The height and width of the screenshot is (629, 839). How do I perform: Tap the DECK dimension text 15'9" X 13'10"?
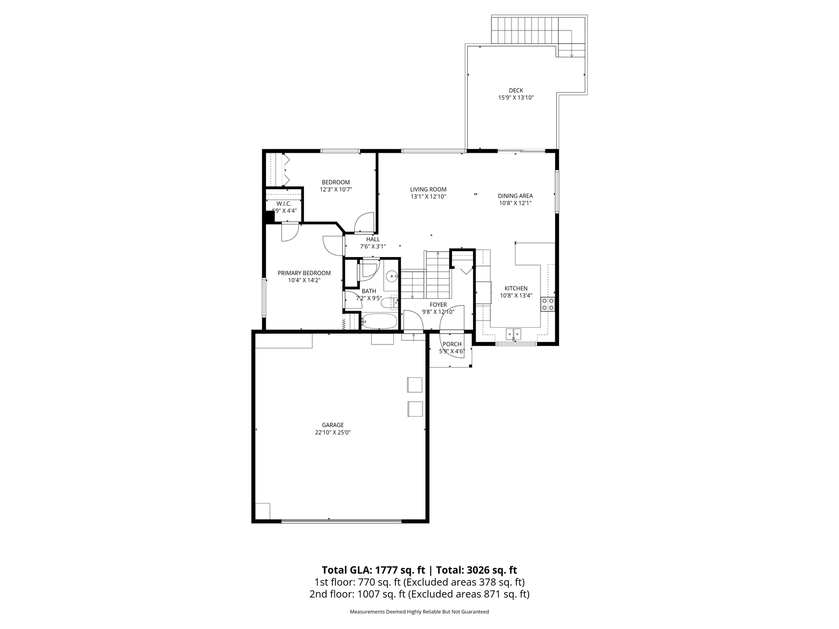click(x=516, y=98)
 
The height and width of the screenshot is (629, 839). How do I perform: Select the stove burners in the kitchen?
click(x=548, y=304)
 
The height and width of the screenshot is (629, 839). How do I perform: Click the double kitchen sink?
click(x=514, y=334)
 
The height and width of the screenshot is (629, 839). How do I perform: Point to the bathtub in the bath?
click(x=379, y=322)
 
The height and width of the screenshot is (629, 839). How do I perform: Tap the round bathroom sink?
click(x=391, y=276)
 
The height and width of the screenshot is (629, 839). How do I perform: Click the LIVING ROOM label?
click(x=428, y=189)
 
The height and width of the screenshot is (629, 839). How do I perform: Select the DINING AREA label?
click(x=515, y=196)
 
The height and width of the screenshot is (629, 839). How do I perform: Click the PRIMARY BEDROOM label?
click(x=304, y=273)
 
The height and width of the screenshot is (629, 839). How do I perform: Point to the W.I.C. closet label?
click(x=284, y=203)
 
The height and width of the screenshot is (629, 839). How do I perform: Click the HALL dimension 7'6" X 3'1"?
click(x=373, y=247)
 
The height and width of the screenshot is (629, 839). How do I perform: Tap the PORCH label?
click(x=451, y=344)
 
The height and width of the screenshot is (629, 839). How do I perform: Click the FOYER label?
click(x=438, y=305)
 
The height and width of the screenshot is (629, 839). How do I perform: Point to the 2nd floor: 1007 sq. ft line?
click(x=419, y=594)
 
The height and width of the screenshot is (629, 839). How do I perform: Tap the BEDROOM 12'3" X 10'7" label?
click(x=336, y=185)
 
